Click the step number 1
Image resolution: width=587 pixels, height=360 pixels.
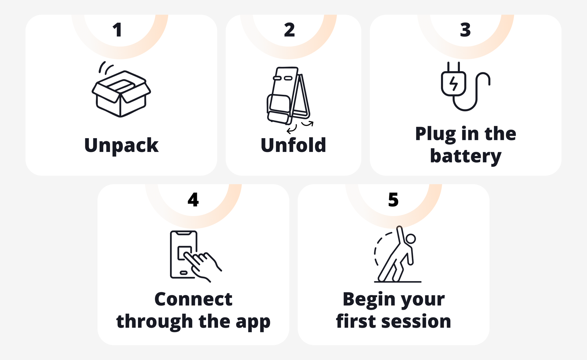click(x=117, y=30)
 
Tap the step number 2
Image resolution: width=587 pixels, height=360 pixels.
click(x=289, y=30)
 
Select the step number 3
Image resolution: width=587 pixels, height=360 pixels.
click(x=465, y=30)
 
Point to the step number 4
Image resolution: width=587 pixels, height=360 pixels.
click(x=193, y=200)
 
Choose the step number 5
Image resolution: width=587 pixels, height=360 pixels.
click(x=393, y=200)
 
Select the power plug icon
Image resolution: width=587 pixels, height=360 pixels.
click(x=465, y=86)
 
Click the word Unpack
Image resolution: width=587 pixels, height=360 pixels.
click(x=121, y=145)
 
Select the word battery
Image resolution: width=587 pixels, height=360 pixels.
click(x=466, y=156)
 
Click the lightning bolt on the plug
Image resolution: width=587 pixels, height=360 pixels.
click(x=453, y=83)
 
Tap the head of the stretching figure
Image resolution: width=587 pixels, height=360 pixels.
click(x=411, y=239)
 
